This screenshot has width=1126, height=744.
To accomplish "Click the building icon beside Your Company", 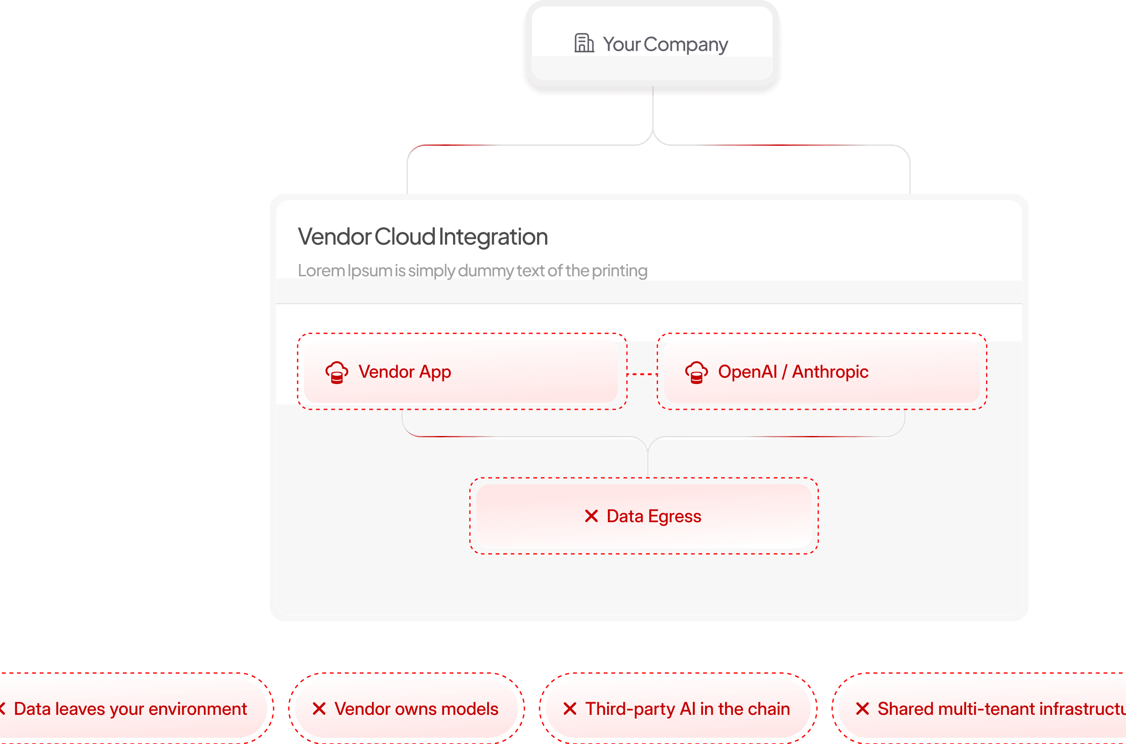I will pyautogui.click(x=583, y=43).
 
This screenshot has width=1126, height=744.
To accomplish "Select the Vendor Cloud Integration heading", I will pyautogui.click(x=423, y=237).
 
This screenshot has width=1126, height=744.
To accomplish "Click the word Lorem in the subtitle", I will pyautogui.click(x=321, y=270).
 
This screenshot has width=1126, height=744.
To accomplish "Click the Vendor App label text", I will pyautogui.click(x=404, y=372).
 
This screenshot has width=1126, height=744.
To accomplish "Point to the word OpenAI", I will pyautogui.click(x=747, y=371).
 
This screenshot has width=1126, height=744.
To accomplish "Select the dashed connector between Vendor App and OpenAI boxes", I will pyautogui.click(x=642, y=374).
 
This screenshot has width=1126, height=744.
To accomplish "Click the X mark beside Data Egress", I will pyautogui.click(x=591, y=516).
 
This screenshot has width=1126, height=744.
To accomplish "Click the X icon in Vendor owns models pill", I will pyautogui.click(x=319, y=709).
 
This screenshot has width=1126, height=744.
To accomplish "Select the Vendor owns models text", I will pyautogui.click(x=416, y=709).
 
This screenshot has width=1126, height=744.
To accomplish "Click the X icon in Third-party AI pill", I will pyautogui.click(x=570, y=709).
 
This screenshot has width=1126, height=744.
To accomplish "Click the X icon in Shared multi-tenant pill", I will pyautogui.click(x=862, y=709).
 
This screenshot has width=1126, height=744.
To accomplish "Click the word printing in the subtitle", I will pyautogui.click(x=619, y=271).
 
